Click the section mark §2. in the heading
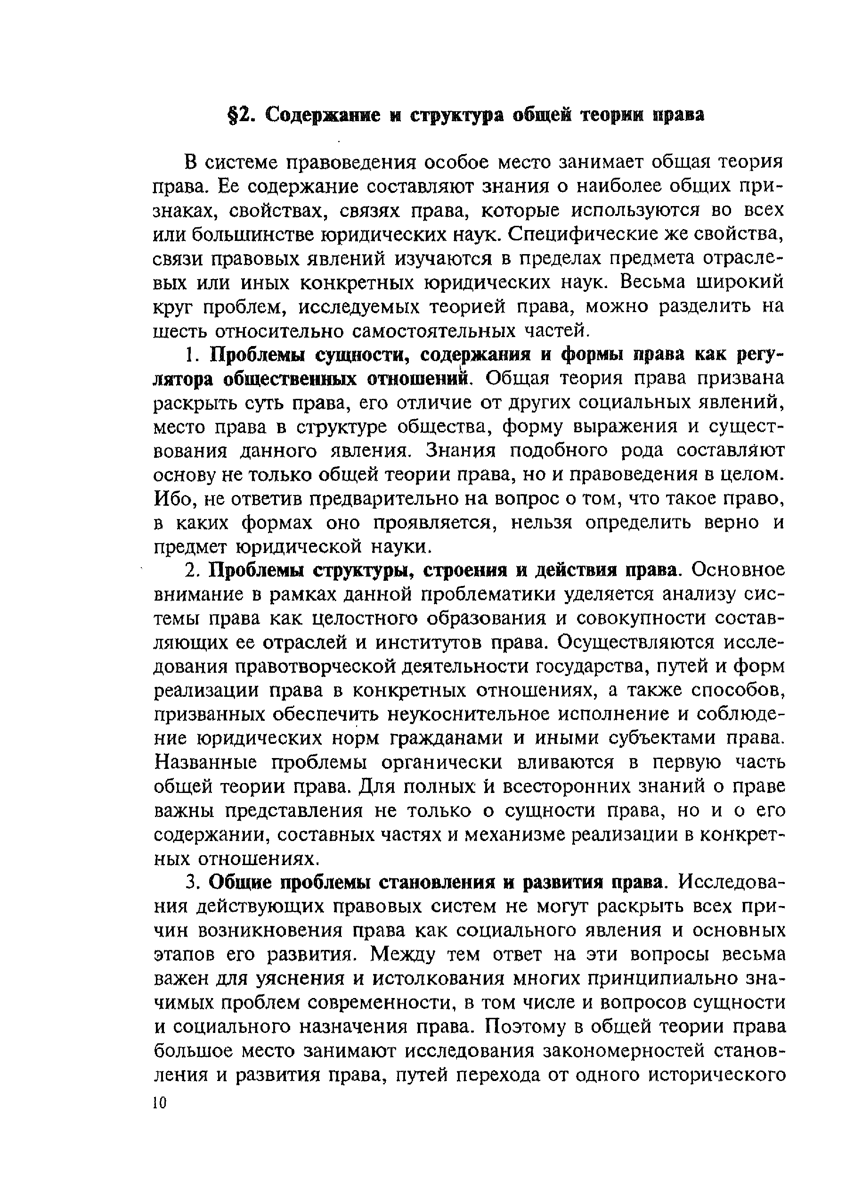coord(242,115)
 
